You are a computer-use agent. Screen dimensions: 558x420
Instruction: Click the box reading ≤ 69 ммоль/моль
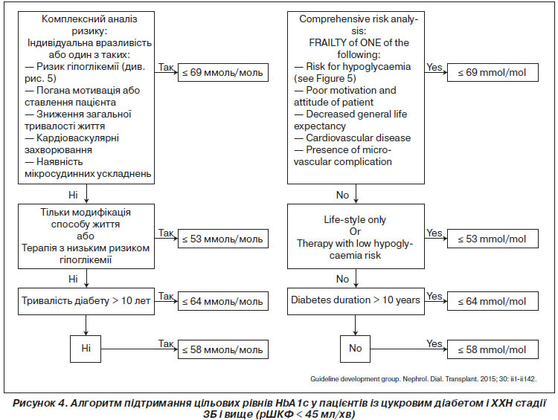pyautogui.click(x=222, y=73)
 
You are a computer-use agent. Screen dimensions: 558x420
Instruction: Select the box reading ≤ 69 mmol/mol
pyautogui.click(x=493, y=73)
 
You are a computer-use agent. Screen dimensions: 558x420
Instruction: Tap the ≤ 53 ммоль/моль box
pyautogui.click(x=222, y=239)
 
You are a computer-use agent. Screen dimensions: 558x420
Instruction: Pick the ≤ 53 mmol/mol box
pyautogui.click(x=493, y=239)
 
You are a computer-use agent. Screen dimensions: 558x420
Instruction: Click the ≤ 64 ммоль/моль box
pyautogui.click(x=222, y=301)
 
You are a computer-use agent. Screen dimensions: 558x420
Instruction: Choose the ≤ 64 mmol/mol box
pyautogui.click(x=493, y=301)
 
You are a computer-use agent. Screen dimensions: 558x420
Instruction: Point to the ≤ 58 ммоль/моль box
pyautogui.click(x=222, y=349)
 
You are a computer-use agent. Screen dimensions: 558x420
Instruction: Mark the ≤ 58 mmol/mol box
pyautogui.click(x=493, y=349)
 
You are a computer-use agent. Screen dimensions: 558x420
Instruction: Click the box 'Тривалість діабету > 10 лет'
pyautogui.click(x=86, y=301)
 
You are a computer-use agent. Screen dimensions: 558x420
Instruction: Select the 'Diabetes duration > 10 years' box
pyautogui.click(x=356, y=301)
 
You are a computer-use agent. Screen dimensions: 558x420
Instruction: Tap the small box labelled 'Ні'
pyautogui.click(x=86, y=349)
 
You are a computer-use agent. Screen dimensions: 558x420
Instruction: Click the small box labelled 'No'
pyautogui.click(x=355, y=349)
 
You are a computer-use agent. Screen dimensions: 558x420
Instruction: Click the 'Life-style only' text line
pyautogui.click(x=355, y=220)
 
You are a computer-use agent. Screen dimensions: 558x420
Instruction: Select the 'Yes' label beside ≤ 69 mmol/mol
pyautogui.click(x=434, y=67)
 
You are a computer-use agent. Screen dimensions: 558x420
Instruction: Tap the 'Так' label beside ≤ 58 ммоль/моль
pyautogui.click(x=166, y=344)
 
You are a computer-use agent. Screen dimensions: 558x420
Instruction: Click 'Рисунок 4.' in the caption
pyautogui.click(x=40, y=404)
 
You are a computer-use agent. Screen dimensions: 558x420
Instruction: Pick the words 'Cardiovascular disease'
pyautogui.click(x=359, y=138)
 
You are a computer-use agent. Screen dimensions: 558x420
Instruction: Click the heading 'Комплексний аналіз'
pyautogui.click(x=89, y=19)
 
